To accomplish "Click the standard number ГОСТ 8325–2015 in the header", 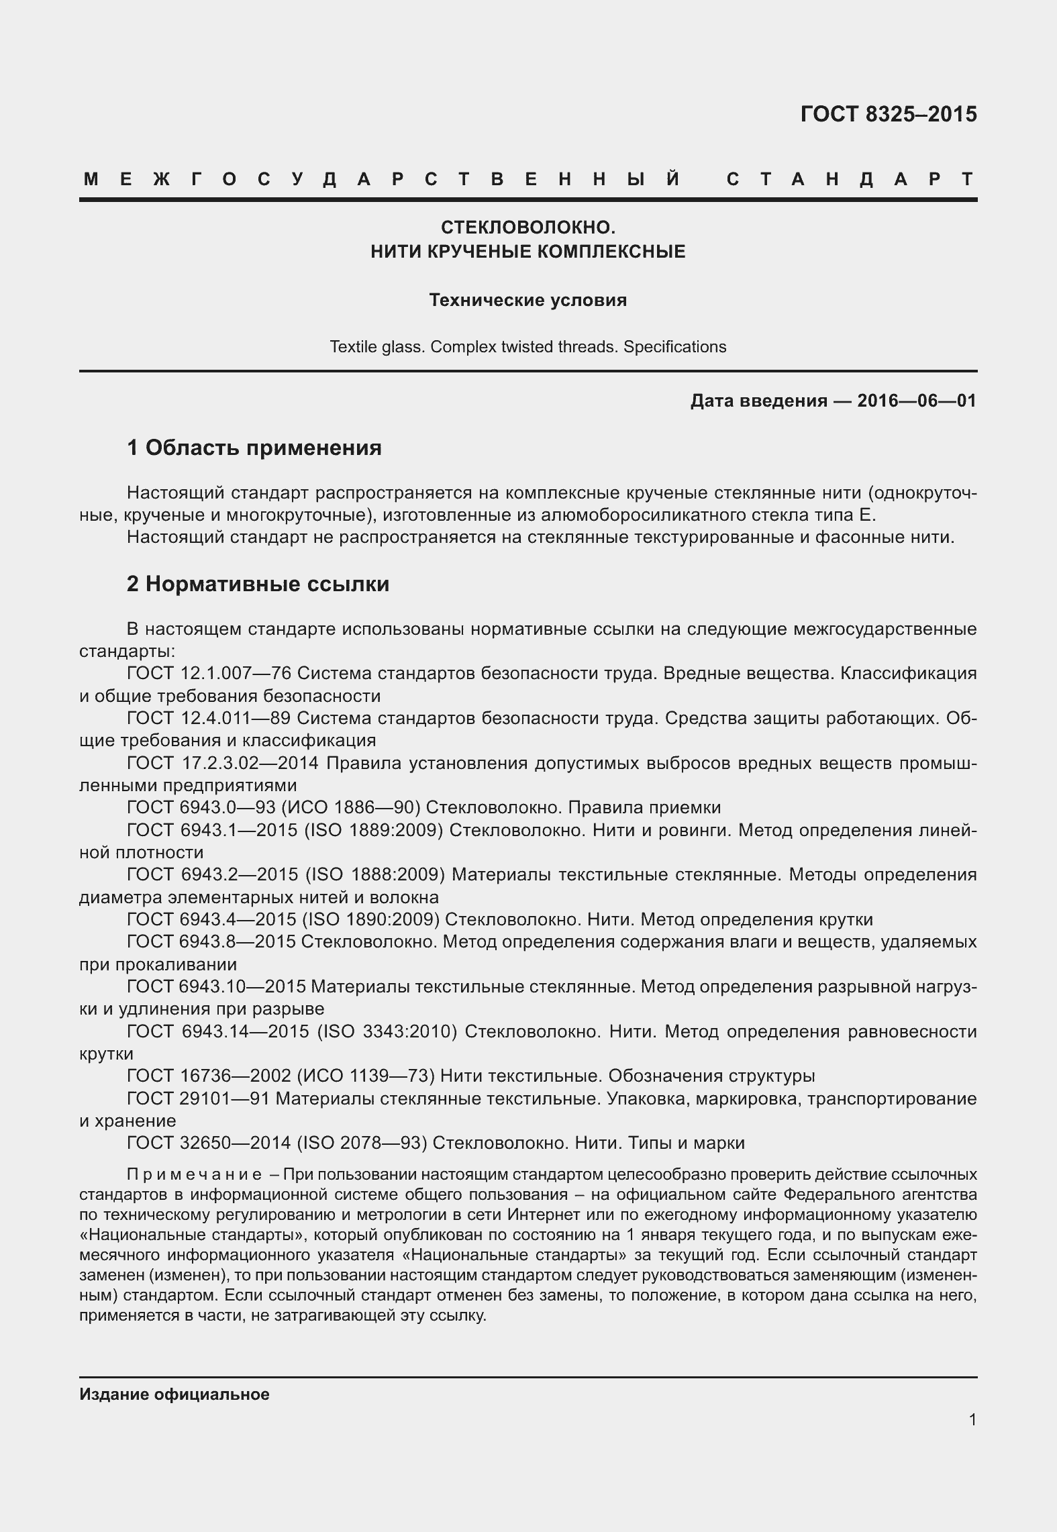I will [x=888, y=115].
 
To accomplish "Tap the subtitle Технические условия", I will [x=527, y=300].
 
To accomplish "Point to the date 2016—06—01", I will [x=916, y=401].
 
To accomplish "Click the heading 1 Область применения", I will [x=254, y=448].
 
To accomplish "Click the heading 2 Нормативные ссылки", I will [x=258, y=584].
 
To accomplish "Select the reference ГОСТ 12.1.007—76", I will [x=209, y=673].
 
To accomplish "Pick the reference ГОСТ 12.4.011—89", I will [x=209, y=718].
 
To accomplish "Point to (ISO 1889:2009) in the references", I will [x=374, y=830].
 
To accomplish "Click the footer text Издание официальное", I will [x=174, y=1394].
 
